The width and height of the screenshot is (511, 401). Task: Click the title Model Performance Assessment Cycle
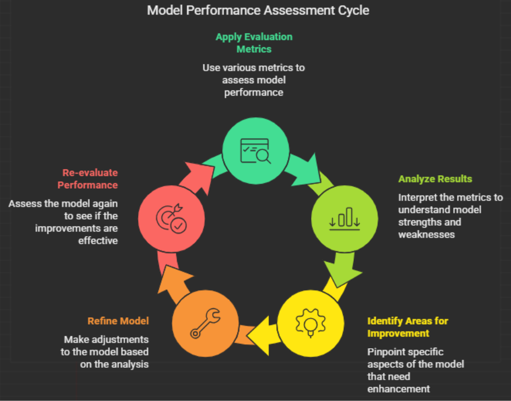258,10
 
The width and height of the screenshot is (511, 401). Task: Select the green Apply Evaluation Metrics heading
254,43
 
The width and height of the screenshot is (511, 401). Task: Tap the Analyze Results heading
435,179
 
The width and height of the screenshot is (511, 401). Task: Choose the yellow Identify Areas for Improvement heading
408,327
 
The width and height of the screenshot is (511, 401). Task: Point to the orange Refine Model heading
118,321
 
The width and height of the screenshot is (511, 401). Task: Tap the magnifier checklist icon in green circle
255,151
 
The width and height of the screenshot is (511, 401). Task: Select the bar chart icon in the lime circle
344,218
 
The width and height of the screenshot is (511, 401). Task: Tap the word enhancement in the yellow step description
399,389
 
